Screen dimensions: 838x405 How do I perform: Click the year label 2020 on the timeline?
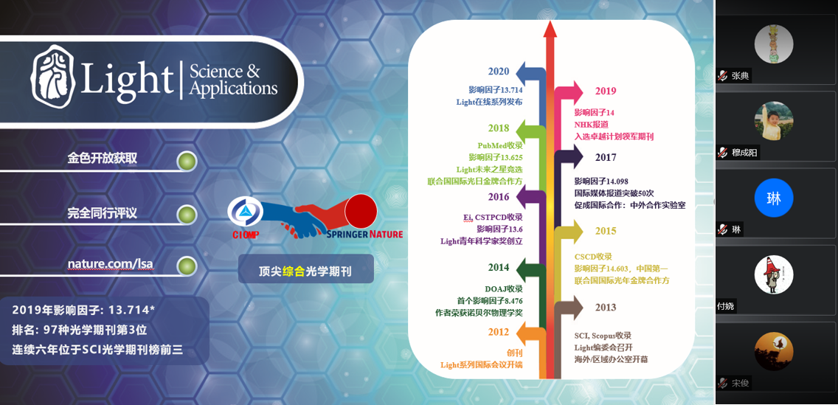pyautogui.click(x=498, y=71)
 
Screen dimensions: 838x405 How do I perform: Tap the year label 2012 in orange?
pyautogui.click(x=499, y=332)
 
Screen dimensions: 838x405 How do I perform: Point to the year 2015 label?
pyautogui.click(x=606, y=231)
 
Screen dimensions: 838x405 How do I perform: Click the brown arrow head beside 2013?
pyautogui.click(x=575, y=308)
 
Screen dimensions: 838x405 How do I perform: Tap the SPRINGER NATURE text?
pyautogui.click(x=365, y=234)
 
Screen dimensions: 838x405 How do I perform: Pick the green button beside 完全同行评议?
pyautogui.click(x=187, y=215)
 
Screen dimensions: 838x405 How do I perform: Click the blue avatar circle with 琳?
pyautogui.click(x=773, y=198)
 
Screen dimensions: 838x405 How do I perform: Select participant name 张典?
pyautogui.click(x=741, y=77)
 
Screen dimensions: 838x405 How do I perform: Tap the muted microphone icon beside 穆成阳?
pyautogui.click(x=723, y=153)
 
